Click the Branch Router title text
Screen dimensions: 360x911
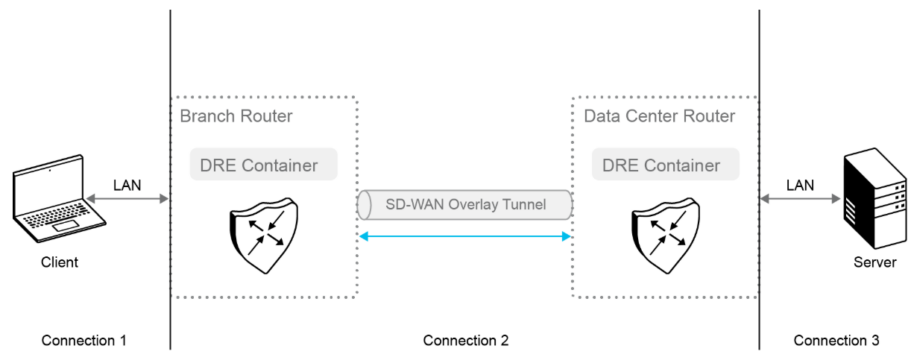[236, 116]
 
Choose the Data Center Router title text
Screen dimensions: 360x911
[660, 116]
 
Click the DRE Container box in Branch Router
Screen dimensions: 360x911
[264, 165]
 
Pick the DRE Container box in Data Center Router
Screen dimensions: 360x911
[666, 165]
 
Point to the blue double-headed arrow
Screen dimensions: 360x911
[465, 236]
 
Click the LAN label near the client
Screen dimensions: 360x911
[127, 184]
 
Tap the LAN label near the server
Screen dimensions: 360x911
[799, 184]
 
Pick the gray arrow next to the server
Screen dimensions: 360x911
[801, 199]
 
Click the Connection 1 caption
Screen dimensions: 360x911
[83, 341]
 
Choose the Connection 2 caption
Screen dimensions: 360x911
[466, 341]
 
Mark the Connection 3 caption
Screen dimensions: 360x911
[836, 341]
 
